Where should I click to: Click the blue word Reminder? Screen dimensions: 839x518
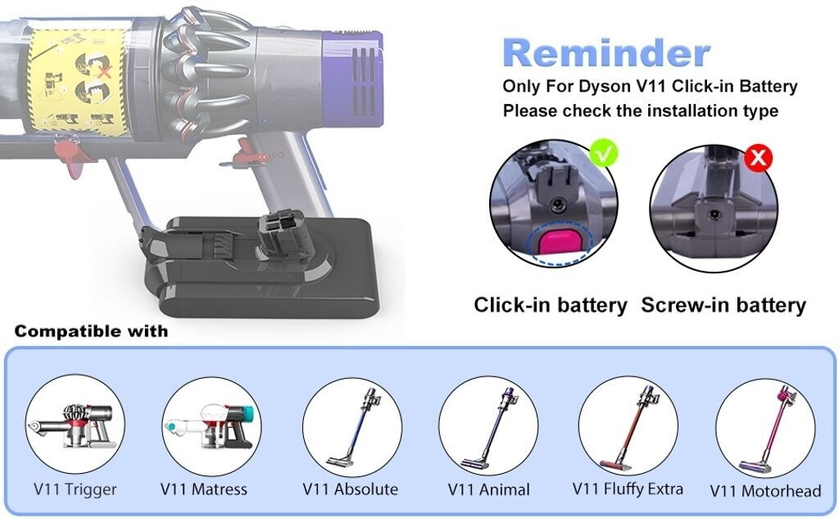[606, 53]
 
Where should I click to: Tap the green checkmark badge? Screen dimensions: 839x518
[604, 154]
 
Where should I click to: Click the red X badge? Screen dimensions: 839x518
[758, 158]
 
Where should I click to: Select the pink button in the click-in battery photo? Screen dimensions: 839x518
[558, 240]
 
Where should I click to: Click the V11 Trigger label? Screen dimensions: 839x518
[75, 489]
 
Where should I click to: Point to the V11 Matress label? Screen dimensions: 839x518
[204, 489]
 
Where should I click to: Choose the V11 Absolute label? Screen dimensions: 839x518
[351, 489]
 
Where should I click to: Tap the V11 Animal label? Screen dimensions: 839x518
[489, 489]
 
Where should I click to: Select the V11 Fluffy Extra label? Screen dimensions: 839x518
[628, 489]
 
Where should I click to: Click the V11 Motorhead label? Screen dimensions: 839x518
[765, 491]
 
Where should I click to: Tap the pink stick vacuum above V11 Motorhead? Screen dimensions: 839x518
[769, 429]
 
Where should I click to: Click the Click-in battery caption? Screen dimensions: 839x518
[551, 304]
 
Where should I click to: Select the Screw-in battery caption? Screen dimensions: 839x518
[723, 304]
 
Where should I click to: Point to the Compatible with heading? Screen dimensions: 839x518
[91, 331]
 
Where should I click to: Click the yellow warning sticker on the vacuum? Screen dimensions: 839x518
[77, 80]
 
